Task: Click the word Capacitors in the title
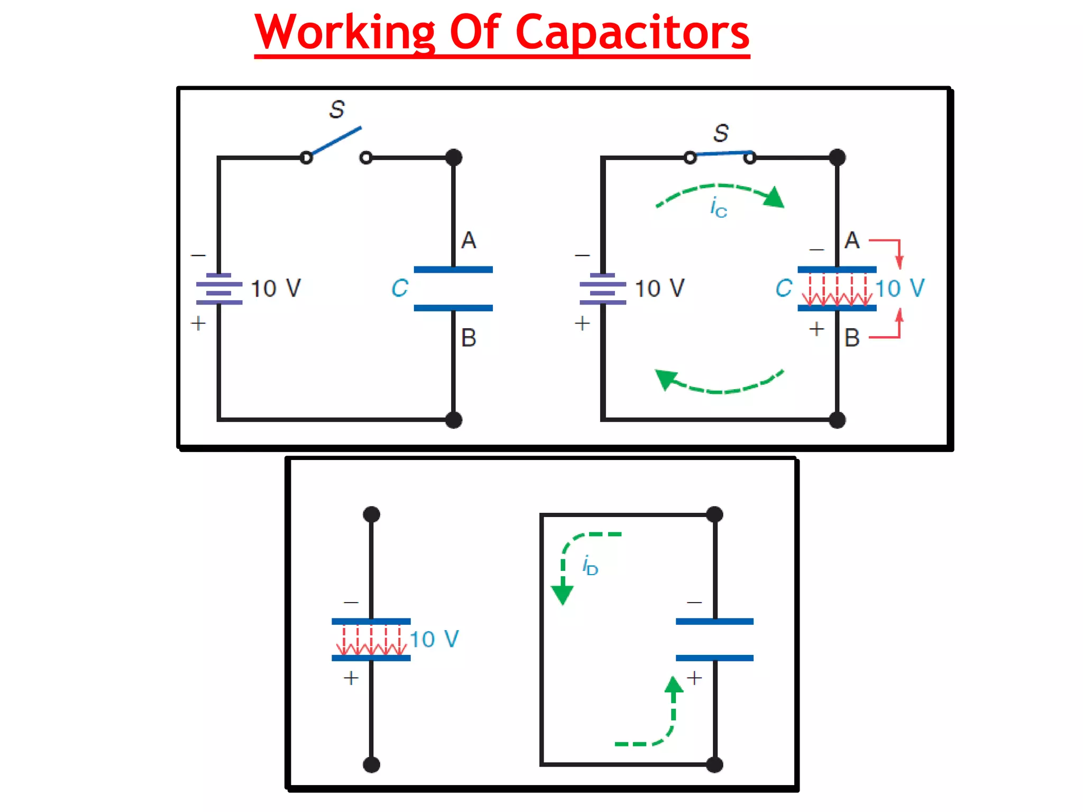tap(632, 33)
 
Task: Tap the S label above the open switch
tap(337, 109)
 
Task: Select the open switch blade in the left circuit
tap(336, 141)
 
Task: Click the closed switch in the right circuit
tap(720, 154)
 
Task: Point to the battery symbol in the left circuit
tap(219, 289)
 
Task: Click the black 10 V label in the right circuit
tap(659, 289)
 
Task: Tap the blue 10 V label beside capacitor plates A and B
tap(900, 289)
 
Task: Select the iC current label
tap(718, 207)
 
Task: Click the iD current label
tap(590, 566)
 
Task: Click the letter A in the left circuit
tap(469, 241)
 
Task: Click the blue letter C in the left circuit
tap(400, 289)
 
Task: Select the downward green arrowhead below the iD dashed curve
tap(562, 594)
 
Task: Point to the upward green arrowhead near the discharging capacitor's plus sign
tap(674, 685)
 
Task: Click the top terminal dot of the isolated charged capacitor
tap(372, 514)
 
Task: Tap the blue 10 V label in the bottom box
tap(434, 640)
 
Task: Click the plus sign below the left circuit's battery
tap(198, 323)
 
